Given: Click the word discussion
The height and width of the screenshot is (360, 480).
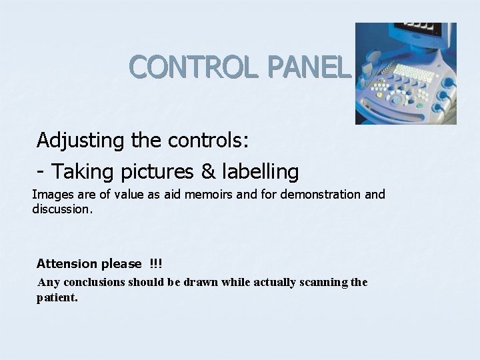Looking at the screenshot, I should click(x=63, y=209).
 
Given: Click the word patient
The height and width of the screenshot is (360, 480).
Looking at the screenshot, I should click(x=57, y=297).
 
